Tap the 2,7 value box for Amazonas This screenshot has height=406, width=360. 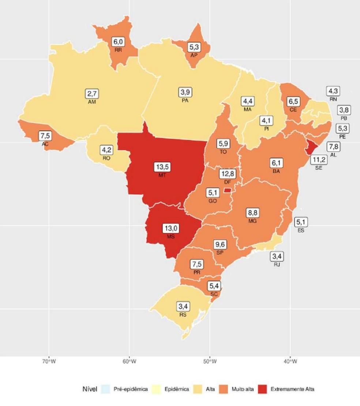click(x=93, y=94)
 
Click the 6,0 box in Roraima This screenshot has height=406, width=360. click(x=118, y=42)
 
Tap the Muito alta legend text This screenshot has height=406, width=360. click(x=243, y=389)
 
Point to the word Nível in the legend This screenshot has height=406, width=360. click(x=90, y=389)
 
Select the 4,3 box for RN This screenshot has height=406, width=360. click(x=333, y=92)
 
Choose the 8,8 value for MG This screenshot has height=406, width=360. click(x=252, y=213)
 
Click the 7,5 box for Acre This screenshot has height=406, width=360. click(x=45, y=136)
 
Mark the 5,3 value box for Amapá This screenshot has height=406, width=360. click(x=194, y=47)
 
